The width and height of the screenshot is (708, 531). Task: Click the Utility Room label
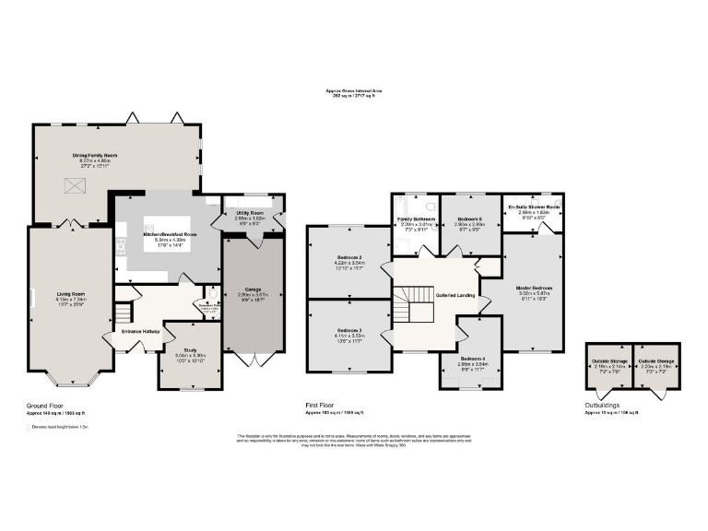click(x=251, y=211)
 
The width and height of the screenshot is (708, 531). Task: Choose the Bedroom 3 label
click(x=348, y=330)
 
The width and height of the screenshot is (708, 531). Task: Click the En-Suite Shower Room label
click(x=534, y=206)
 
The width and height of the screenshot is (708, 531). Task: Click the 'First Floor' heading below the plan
click(x=321, y=405)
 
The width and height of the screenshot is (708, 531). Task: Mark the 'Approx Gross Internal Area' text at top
click(x=353, y=90)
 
